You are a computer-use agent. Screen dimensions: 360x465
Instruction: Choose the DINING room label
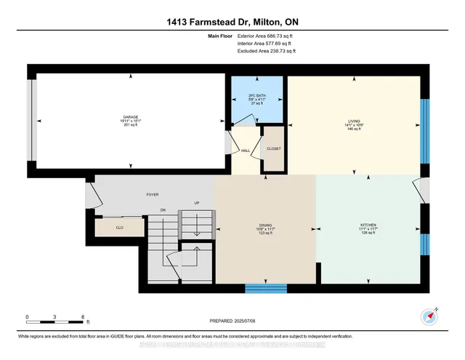pos(264,225)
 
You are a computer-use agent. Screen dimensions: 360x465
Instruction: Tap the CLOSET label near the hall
pos(273,148)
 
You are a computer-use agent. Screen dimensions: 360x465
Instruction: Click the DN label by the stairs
pos(164,211)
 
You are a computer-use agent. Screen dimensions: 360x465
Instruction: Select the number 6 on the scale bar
pos(84,317)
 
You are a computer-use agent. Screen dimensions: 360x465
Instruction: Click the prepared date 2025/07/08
pos(232,320)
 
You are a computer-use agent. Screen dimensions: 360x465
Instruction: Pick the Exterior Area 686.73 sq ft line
pos(266,35)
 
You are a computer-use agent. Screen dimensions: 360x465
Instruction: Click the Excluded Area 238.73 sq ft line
pos(266,52)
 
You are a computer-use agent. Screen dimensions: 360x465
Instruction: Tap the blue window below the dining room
pos(265,288)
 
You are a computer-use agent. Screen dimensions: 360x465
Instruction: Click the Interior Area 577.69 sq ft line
pos(266,44)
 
